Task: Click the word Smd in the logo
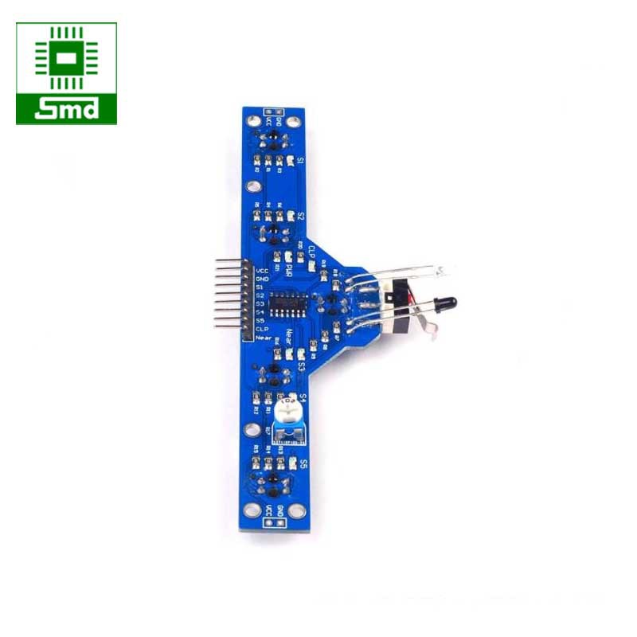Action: pos(66,108)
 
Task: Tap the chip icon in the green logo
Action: pos(66,58)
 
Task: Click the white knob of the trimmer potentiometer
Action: pos(289,412)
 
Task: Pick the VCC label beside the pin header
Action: pos(261,271)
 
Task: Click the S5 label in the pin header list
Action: pos(261,320)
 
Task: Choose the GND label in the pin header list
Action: pos(261,279)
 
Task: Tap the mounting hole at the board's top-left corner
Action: pos(252,120)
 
